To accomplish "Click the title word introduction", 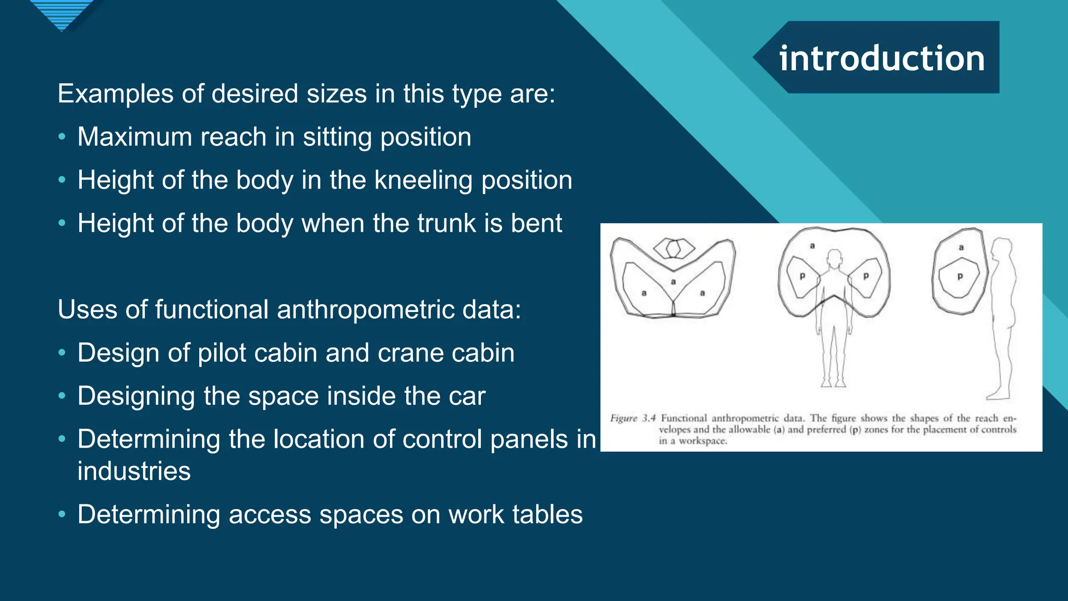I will tap(882, 58).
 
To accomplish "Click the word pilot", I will tap(230, 353).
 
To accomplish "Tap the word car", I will tap(467, 396).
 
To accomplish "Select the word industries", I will tap(134, 471).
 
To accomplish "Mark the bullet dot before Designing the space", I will tap(62, 396).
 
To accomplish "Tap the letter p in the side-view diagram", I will tap(960, 277).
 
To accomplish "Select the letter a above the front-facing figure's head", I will tap(812, 246).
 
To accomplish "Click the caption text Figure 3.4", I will tap(633, 418).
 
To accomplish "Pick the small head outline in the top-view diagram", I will tap(674, 248).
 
